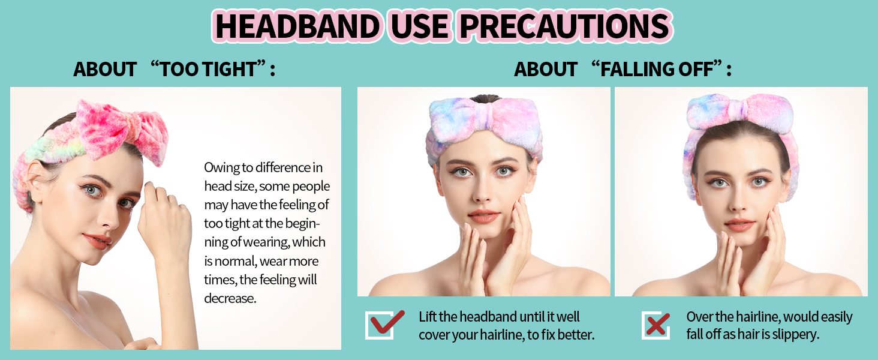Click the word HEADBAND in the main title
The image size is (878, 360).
(x=297, y=26)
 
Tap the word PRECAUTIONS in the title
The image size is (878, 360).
(x=564, y=26)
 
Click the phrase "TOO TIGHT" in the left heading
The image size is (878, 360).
(x=209, y=69)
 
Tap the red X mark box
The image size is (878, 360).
(x=656, y=325)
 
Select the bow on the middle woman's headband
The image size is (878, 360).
(x=483, y=119)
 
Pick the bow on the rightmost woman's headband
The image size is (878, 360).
(x=740, y=112)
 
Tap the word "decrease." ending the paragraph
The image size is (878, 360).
(x=230, y=298)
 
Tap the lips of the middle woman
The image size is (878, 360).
(x=484, y=216)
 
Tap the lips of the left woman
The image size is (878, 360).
(x=97, y=241)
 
